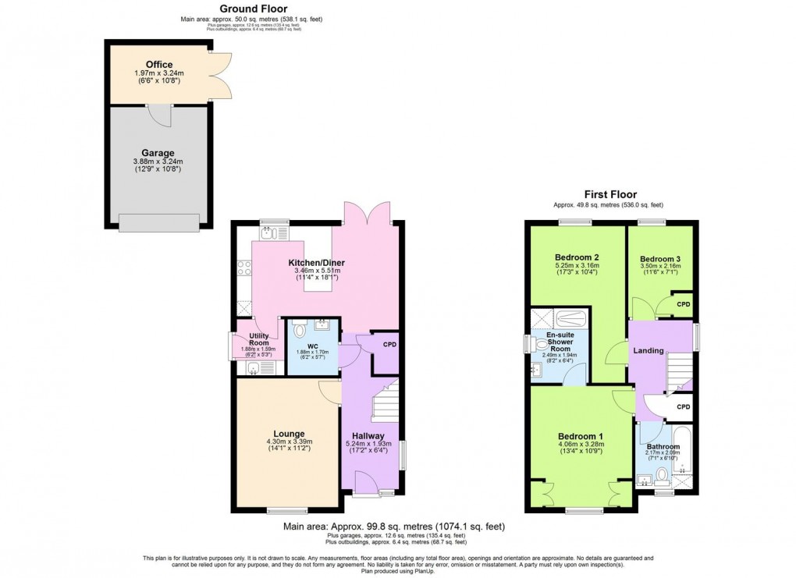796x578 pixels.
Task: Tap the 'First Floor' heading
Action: click(x=611, y=194)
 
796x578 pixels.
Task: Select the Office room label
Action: click(x=158, y=64)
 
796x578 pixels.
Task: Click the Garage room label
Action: click(x=158, y=152)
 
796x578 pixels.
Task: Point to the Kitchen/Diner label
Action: click(x=317, y=262)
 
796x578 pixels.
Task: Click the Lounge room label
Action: click(x=289, y=434)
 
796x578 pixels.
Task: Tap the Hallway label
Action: click(x=367, y=436)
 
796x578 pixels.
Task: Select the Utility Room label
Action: click(x=259, y=339)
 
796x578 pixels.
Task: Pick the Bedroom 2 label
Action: click(x=577, y=257)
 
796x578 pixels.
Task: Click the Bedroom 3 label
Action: click(x=659, y=259)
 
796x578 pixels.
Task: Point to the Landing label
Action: click(x=649, y=350)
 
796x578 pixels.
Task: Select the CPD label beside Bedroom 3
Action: click(x=683, y=304)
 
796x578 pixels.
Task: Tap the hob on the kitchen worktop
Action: click(x=243, y=268)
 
